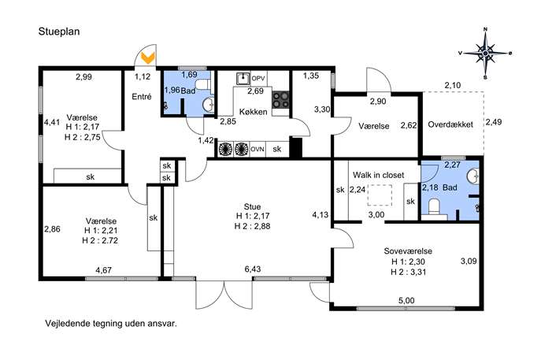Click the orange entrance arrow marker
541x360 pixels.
click(x=149, y=58)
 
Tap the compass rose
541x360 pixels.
click(x=485, y=53)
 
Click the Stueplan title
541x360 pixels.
click(x=59, y=32)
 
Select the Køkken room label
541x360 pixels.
click(x=254, y=112)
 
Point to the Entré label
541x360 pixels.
click(x=142, y=97)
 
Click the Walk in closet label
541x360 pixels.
click(x=378, y=175)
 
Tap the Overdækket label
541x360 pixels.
click(x=450, y=124)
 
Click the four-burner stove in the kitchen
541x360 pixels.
click(x=280, y=100)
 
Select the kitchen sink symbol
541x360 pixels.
click(x=243, y=79)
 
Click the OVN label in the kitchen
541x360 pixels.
click(x=258, y=149)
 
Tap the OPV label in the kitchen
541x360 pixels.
click(x=258, y=79)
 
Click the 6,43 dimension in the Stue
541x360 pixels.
click(x=253, y=269)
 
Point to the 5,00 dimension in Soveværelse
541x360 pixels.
click(x=406, y=301)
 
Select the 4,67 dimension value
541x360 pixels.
click(x=103, y=270)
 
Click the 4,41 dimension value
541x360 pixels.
click(x=52, y=122)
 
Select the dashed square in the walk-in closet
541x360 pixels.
click(x=380, y=195)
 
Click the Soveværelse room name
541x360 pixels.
click(x=408, y=251)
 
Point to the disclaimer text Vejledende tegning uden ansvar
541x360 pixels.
click(x=111, y=324)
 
